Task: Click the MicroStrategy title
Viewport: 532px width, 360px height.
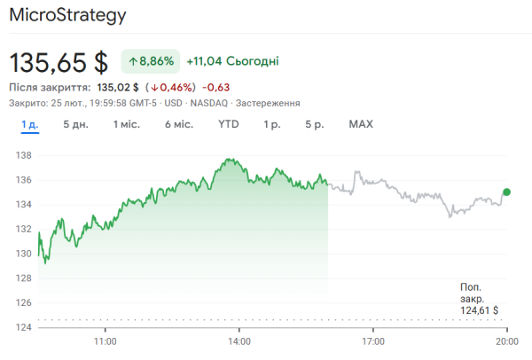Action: tap(67, 16)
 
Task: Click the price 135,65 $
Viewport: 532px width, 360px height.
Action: tap(59, 62)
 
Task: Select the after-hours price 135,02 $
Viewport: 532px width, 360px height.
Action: tap(118, 87)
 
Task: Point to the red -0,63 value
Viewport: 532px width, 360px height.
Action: tap(216, 87)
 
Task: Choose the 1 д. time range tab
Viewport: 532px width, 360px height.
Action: tap(29, 124)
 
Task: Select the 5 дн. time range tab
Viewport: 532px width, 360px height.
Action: tap(75, 124)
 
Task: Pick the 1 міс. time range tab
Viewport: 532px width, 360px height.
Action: tap(126, 124)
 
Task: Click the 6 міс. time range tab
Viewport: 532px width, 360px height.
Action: tap(178, 124)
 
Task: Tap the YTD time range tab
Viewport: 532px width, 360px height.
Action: tap(228, 124)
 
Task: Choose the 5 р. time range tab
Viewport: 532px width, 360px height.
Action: tap(314, 124)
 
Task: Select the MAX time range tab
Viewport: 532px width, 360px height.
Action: tap(361, 124)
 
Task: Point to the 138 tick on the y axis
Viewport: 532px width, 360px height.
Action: tap(24, 155)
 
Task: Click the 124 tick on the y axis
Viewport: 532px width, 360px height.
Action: tap(24, 328)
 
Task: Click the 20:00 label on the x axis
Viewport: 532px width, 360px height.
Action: tap(506, 340)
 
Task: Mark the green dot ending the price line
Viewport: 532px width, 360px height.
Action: tap(506, 192)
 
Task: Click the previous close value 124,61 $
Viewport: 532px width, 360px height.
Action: tap(479, 310)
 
